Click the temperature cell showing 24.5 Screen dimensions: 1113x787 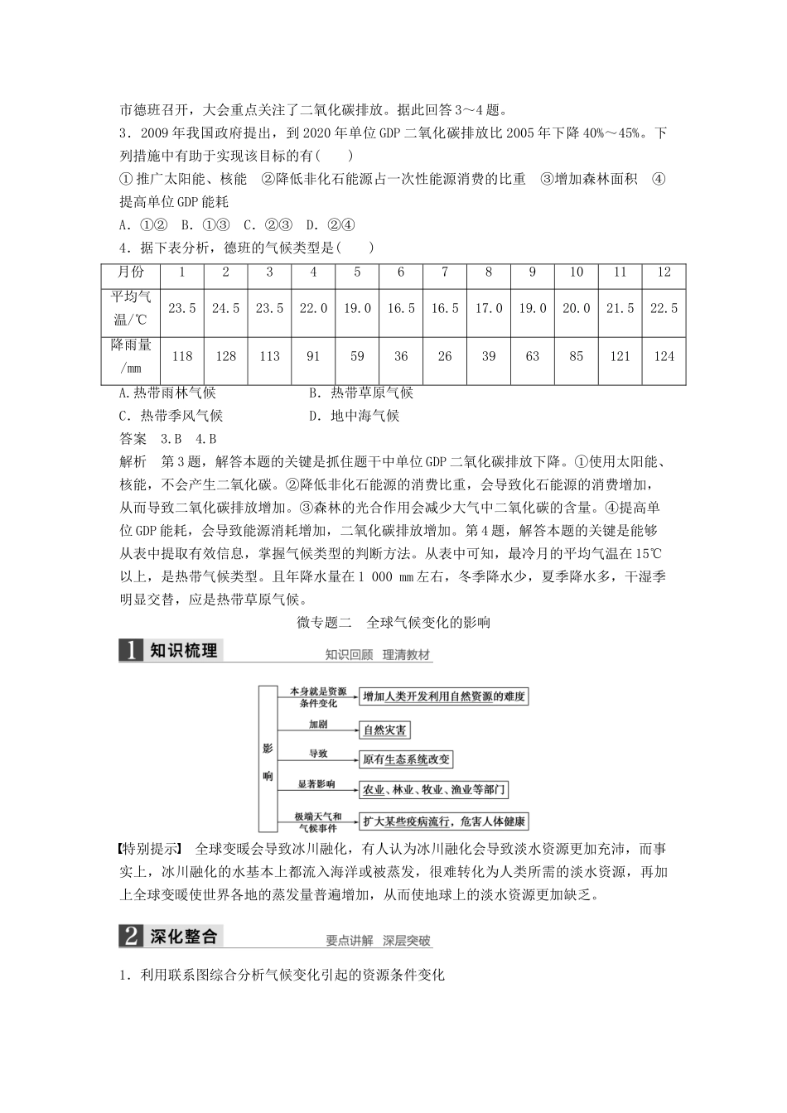pos(225,308)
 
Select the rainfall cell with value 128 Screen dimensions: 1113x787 pos(225,356)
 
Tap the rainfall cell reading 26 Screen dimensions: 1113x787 pos(445,356)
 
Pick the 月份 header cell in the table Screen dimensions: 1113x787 pos(131,272)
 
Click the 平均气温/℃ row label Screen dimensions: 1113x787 pos(131,308)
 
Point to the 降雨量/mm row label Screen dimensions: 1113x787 pos(131,356)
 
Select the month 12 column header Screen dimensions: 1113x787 pos(664,272)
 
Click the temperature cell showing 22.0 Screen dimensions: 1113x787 pos(313,308)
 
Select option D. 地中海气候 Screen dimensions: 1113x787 pos(354,416)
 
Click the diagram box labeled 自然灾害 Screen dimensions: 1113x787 pos(385,730)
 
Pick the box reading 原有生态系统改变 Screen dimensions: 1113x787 pos(407,759)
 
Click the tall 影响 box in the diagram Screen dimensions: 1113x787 pos(268,757)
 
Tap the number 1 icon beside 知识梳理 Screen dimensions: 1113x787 pos(131,650)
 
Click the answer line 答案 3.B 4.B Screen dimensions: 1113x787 pos(168,439)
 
